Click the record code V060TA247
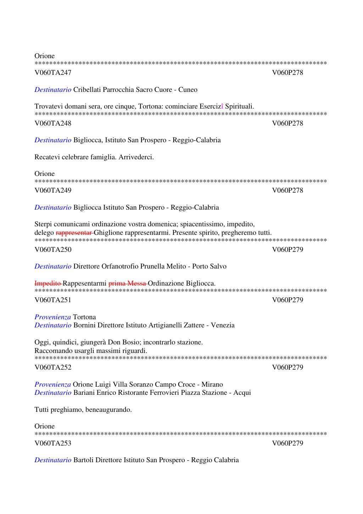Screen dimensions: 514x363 pyautogui.click(x=53, y=73)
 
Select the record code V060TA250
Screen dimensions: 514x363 pyautogui.click(x=53, y=249)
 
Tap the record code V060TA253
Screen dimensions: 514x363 pyautogui.click(x=53, y=443)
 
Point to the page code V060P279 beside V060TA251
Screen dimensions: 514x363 pyautogui.click(x=287, y=300)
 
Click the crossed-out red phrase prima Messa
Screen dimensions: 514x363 pyautogui.click(x=127, y=283)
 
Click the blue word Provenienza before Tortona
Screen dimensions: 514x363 pyautogui.click(x=52, y=317)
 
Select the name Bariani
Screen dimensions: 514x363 pyautogui.click(x=84, y=393)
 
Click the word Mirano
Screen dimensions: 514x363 pyautogui.click(x=212, y=385)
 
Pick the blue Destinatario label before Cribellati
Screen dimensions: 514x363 pyautogui.click(x=53, y=90)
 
